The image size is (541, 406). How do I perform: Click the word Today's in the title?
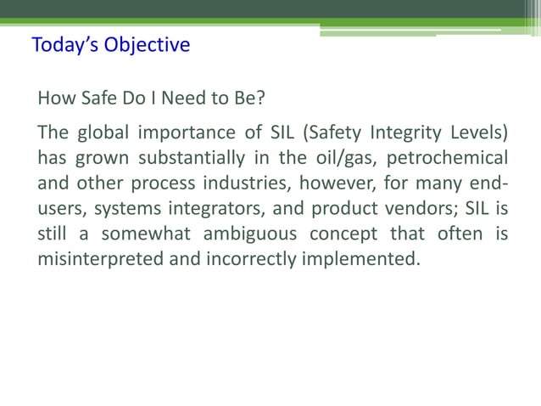pyautogui.click(x=64, y=44)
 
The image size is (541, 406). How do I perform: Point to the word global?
pyautogui.click(x=105, y=134)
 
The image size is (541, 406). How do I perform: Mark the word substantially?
pyautogui.click(x=200, y=158)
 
